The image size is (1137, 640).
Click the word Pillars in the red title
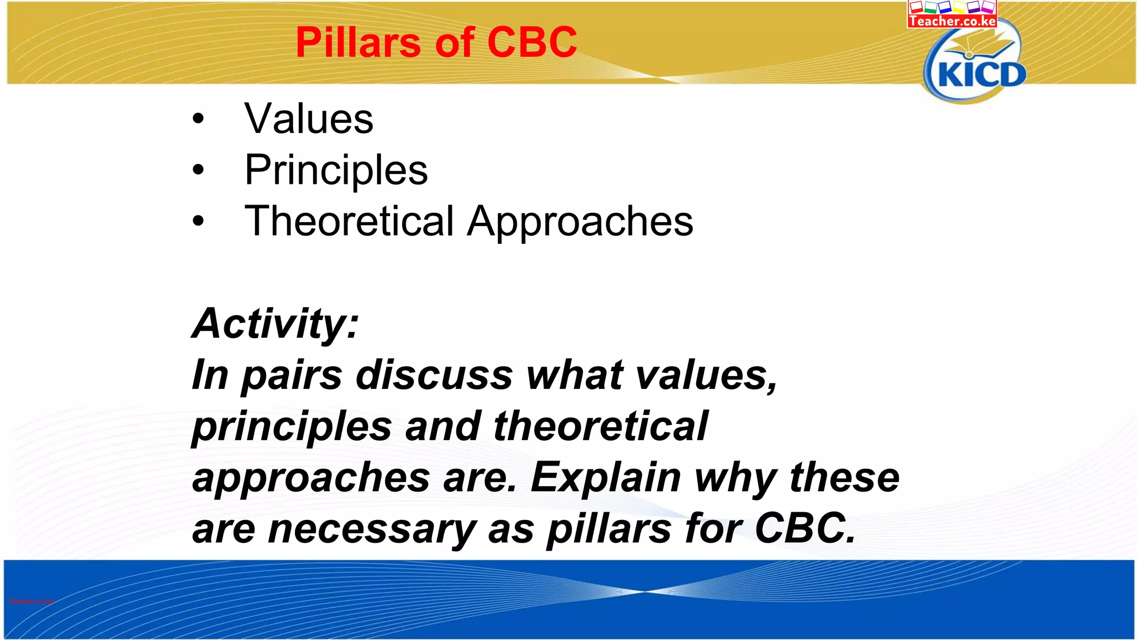pyautogui.click(x=358, y=43)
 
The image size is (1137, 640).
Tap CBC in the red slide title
pyautogui.click(x=532, y=43)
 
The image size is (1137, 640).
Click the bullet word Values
pyautogui.click(x=309, y=119)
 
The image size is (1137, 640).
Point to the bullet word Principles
pyautogui.click(x=336, y=170)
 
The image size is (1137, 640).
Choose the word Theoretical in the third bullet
pyautogui.click(x=349, y=221)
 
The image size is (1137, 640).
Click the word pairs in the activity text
pyautogui.click(x=292, y=376)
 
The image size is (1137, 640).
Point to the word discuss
pyautogui.click(x=434, y=375)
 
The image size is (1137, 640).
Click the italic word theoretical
pyautogui.click(x=600, y=427)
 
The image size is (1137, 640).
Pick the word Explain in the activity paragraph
pyautogui.click(x=606, y=478)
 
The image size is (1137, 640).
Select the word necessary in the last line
pyautogui.click(x=372, y=529)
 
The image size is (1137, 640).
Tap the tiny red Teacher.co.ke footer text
pyautogui.click(x=31, y=601)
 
